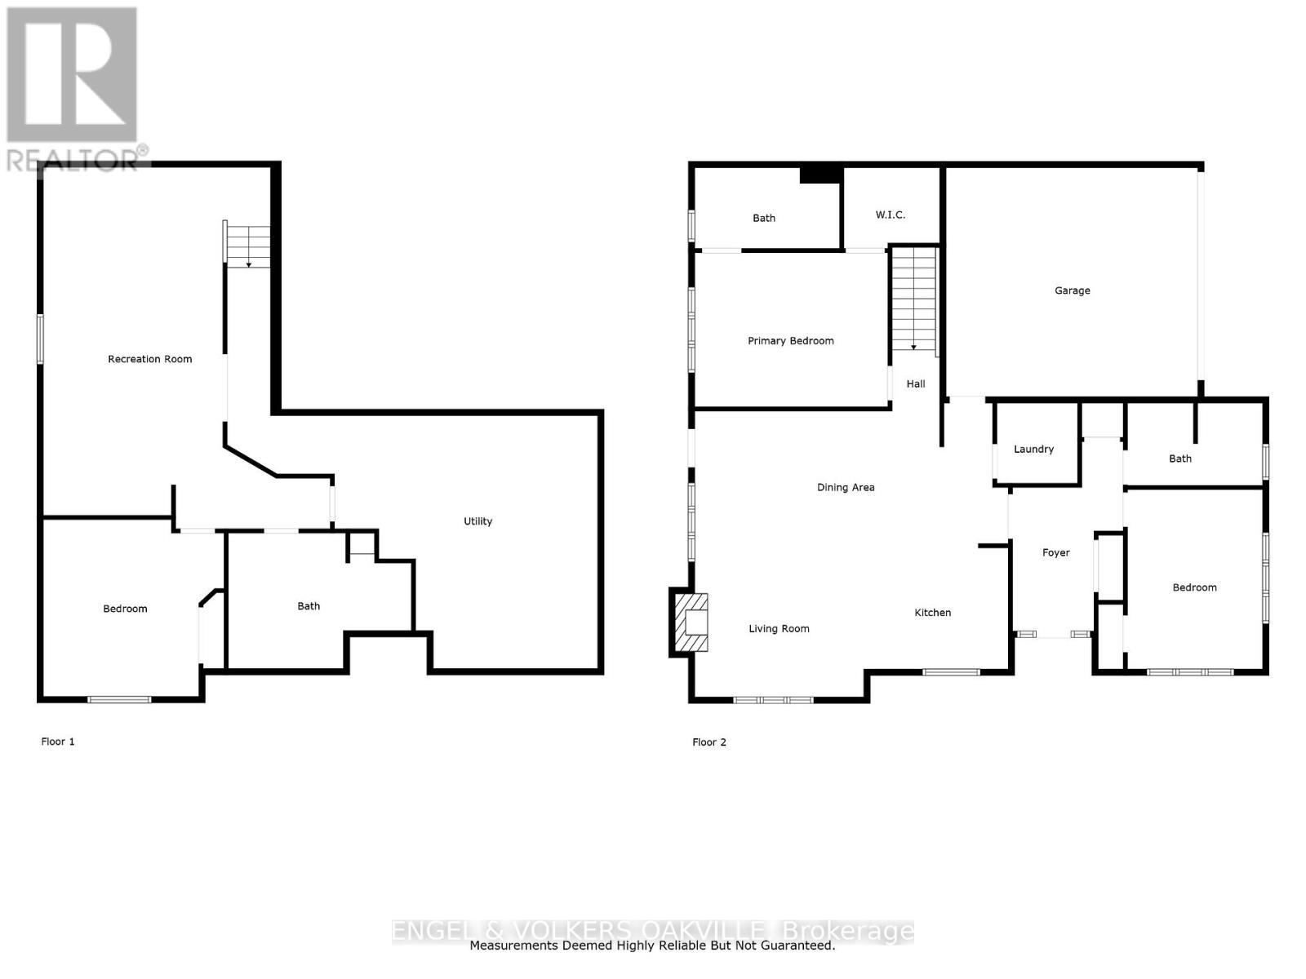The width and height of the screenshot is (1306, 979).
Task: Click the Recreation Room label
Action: click(150, 359)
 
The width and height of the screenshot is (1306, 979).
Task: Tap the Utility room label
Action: click(478, 521)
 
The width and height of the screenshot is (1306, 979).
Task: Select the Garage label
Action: click(1072, 290)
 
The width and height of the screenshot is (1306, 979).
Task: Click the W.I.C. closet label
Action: click(890, 215)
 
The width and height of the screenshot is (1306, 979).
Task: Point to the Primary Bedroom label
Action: click(790, 341)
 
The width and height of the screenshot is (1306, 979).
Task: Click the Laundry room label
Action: click(1033, 450)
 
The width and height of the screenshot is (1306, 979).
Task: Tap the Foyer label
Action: click(1055, 553)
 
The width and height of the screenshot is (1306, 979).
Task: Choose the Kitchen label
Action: click(932, 613)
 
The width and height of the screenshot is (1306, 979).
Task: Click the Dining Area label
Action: click(846, 488)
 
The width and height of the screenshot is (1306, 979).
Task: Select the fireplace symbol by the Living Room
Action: click(691, 622)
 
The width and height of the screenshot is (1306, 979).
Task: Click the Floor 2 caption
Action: click(709, 742)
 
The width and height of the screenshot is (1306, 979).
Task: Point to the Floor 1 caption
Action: click(58, 742)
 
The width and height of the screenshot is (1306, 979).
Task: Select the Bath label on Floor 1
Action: click(309, 606)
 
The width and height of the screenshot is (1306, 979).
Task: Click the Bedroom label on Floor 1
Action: click(125, 609)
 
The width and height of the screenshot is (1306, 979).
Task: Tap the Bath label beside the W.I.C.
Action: click(764, 218)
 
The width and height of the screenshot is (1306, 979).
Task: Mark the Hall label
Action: click(915, 384)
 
